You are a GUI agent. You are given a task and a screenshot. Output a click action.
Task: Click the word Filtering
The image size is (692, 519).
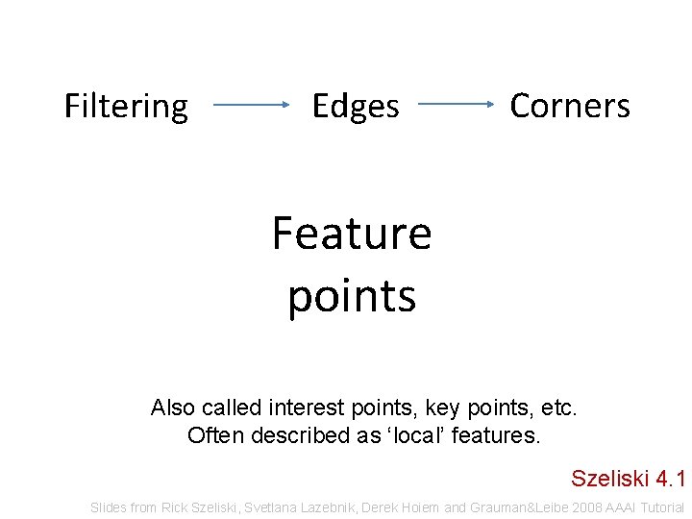(126, 107)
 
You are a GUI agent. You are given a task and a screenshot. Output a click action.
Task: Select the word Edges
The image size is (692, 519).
(356, 106)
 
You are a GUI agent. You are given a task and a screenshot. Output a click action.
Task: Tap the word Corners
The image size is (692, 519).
(570, 106)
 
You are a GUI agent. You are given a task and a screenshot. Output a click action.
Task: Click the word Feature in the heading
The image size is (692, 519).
(352, 233)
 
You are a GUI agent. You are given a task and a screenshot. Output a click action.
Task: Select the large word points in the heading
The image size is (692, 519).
(352, 297)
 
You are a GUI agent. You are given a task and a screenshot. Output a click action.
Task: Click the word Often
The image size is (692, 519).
(216, 435)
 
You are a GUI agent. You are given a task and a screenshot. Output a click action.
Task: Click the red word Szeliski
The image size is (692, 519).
(609, 478)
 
